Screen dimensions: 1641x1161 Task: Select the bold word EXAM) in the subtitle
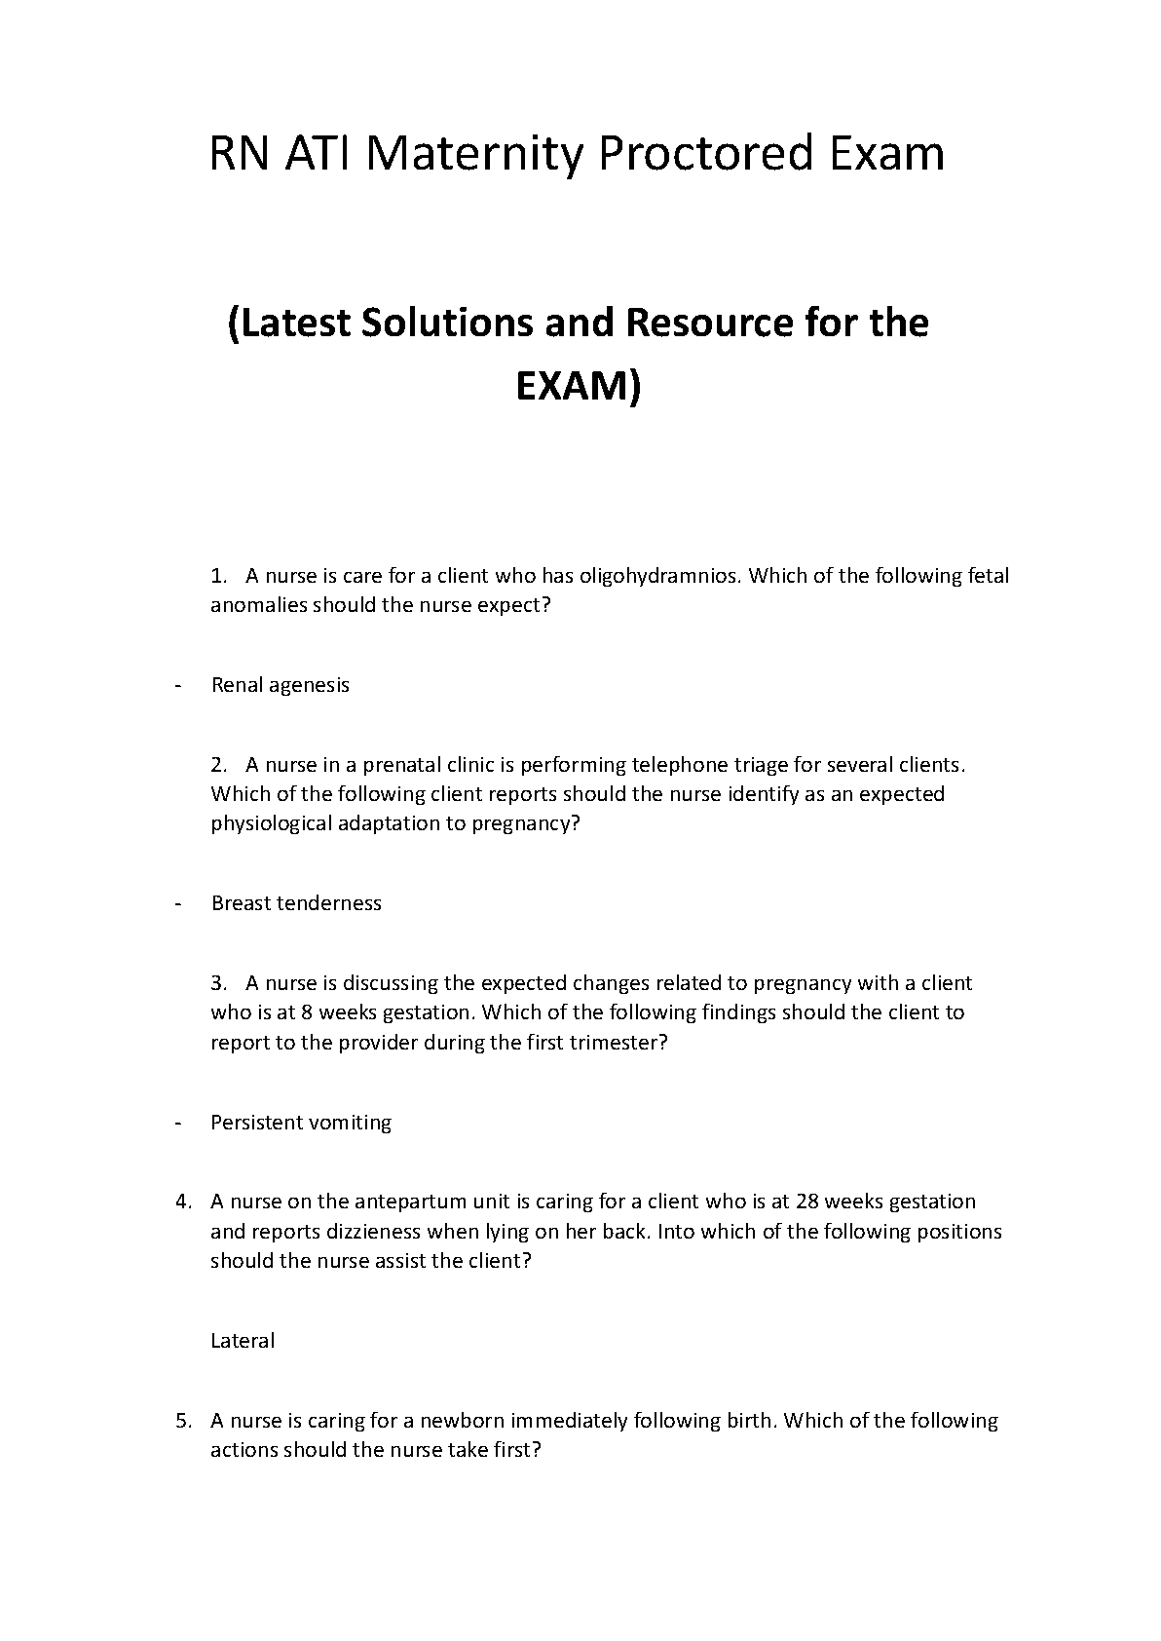[579, 387]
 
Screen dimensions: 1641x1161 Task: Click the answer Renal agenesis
[280, 685]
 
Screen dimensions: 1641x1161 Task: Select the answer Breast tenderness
[296, 903]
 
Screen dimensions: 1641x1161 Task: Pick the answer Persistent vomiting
[301, 1123]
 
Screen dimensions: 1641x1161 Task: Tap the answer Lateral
[243, 1341]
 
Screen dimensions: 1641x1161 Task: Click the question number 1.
[217, 576]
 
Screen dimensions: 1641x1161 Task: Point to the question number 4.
[183, 1202]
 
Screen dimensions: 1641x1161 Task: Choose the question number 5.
[183, 1421]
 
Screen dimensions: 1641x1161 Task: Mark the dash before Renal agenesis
[178, 685]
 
